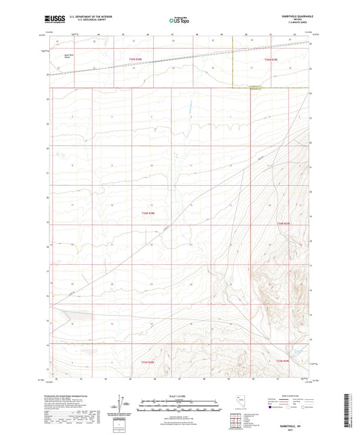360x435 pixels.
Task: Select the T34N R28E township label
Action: [x=149, y=213]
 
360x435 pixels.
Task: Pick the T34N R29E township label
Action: [x=283, y=224]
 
